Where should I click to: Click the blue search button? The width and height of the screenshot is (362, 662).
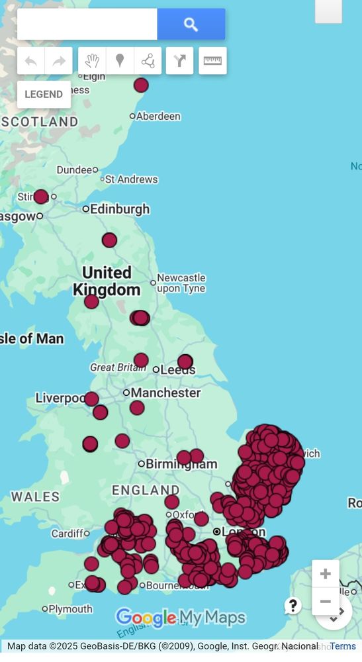coord(191,24)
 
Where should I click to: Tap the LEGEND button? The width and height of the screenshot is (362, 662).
coord(44,94)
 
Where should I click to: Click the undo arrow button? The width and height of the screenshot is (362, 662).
coord(31,62)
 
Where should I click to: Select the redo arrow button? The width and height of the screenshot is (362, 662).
coord(59,62)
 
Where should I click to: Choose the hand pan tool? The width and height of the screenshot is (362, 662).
coord(92,62)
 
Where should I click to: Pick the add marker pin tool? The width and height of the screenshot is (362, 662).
coord(120,62)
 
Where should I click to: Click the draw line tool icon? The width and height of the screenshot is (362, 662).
coord(148,62)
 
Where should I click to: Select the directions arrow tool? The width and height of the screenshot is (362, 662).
coord(180,62)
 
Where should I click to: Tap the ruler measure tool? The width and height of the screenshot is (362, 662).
coord(212,61)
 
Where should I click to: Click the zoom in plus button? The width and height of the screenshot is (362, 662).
coord(325,573)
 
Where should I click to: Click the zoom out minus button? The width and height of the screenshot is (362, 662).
coord(325,602)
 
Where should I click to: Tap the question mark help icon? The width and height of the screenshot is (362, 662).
coord(293,605)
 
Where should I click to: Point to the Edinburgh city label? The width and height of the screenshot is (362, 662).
coord(120,209)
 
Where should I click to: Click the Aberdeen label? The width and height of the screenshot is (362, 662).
coord(158,117)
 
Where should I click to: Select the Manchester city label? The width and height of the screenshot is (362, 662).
coord(165,393)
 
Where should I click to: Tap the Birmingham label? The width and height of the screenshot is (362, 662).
coord(181,464)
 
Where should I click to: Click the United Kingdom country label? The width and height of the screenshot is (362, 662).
coord(107,281)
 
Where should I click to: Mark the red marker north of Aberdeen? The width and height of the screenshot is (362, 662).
coord(141,85)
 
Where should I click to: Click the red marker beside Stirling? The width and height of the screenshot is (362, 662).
coord(41,197)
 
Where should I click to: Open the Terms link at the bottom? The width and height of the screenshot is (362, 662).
coord(343,646)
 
